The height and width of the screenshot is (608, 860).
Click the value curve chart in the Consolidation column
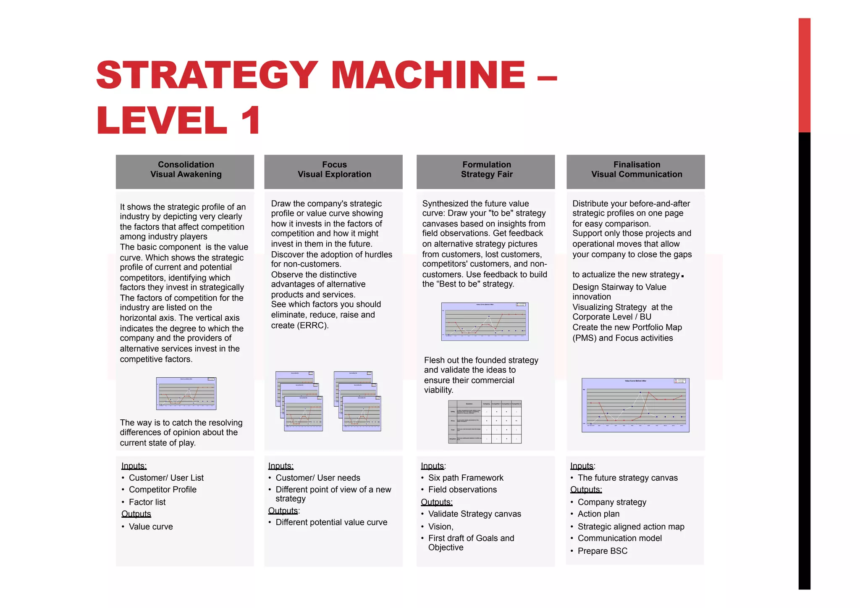(186, 393)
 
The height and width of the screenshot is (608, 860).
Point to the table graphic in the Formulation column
(485, 421)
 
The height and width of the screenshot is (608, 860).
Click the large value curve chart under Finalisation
(635, 405)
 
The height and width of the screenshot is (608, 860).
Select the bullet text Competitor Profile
(163, 490)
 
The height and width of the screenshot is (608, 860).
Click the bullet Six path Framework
(465, 478)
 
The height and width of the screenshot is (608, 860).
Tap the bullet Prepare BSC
(602, 551)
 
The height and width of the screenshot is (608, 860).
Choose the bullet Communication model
(619, 538)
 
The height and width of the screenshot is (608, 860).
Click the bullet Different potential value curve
(331, 522)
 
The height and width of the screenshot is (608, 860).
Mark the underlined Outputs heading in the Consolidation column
(136, 514)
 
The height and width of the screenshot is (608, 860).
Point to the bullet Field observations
(462, 490)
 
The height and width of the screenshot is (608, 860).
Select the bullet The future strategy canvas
(627, 478)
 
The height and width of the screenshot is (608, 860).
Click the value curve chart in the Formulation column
(485, 321)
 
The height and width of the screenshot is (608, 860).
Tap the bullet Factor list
(147, 502)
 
